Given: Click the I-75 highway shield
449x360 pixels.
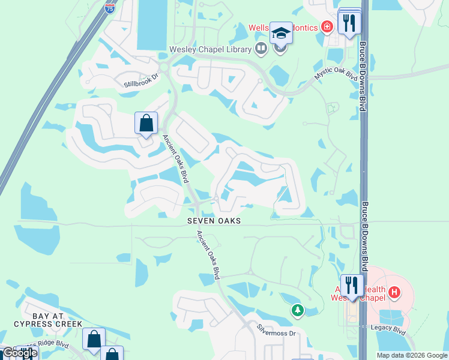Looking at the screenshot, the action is pos(109,8).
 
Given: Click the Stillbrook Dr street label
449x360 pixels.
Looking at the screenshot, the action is pos(141,80).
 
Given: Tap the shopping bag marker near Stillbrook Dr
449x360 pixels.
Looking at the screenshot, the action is pos(146,124).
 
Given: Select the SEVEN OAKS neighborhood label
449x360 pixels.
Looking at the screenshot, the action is pos(214,221).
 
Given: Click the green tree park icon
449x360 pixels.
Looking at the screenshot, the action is pos(298,310).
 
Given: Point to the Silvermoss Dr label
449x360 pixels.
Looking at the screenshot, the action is pos(277,329).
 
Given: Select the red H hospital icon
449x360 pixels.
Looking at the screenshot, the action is pos(394,293).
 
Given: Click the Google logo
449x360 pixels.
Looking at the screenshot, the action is pos(19,353).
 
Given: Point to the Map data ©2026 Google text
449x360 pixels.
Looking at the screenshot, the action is pos(412,355).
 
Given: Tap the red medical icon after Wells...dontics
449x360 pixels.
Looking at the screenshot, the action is pos(327,26).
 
